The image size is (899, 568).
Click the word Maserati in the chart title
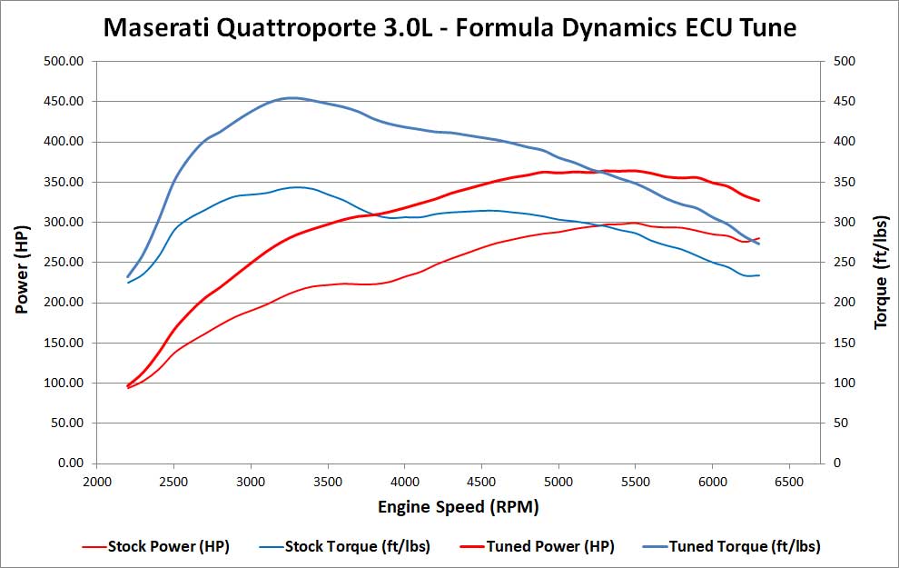click(x=156, y=27)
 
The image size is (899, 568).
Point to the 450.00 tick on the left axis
click(x=64, y=102)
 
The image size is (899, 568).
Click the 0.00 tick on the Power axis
click(x=70, y=463)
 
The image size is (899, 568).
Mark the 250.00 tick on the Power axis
click(x=64, y=263)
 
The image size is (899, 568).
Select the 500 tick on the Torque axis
click(x=845, y=62)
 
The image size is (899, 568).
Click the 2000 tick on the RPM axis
click(x=96, y=481)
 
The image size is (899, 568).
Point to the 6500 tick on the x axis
click(x=789, y=481)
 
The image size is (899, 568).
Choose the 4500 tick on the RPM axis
click(x=481, y=481)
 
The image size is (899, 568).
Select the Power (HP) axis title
click(x=23, y=263)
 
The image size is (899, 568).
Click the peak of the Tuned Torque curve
click(x=291, y=97)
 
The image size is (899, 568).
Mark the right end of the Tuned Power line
click(x=758, y=201)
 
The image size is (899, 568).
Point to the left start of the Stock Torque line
click(x=128, y=283)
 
